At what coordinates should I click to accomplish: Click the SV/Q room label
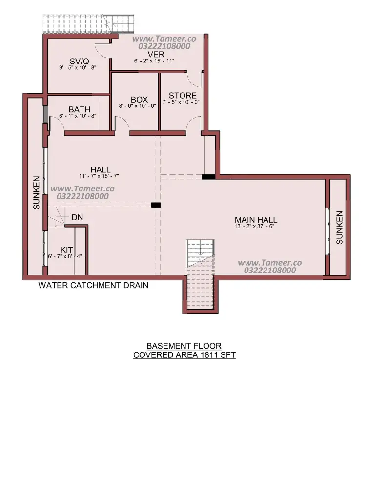click(x=79, y=61)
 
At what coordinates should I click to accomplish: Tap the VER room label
click(x=156, y=55)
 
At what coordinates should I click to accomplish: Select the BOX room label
click(x=139, y=100)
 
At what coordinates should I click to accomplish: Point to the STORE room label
click(x=183, y=96)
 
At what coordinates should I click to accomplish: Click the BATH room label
click(x=80, y=110)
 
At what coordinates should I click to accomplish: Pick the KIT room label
click(x=66, y=250)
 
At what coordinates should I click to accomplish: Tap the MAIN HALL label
click(x=256, y=220)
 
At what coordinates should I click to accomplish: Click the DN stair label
click(x=78, y=217)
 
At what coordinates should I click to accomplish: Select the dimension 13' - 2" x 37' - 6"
click(x=254, y=227)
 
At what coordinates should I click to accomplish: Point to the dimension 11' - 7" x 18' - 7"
click(x=99, y=176)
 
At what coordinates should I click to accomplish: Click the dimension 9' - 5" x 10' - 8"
click(x=78, y=67)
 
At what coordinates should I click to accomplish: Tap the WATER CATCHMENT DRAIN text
click(x=93, y=285)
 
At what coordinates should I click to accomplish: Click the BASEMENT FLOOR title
click(x=184, y=346)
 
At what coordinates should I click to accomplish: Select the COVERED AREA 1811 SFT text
click(x=184, y=355)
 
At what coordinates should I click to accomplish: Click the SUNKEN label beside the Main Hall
click(x=339, y=228)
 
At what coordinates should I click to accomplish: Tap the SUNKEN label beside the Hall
click(x=36, y=192)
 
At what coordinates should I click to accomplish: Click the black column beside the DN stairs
click(x=156, y=205)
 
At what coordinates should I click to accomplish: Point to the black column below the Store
click(x=208, y=176)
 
